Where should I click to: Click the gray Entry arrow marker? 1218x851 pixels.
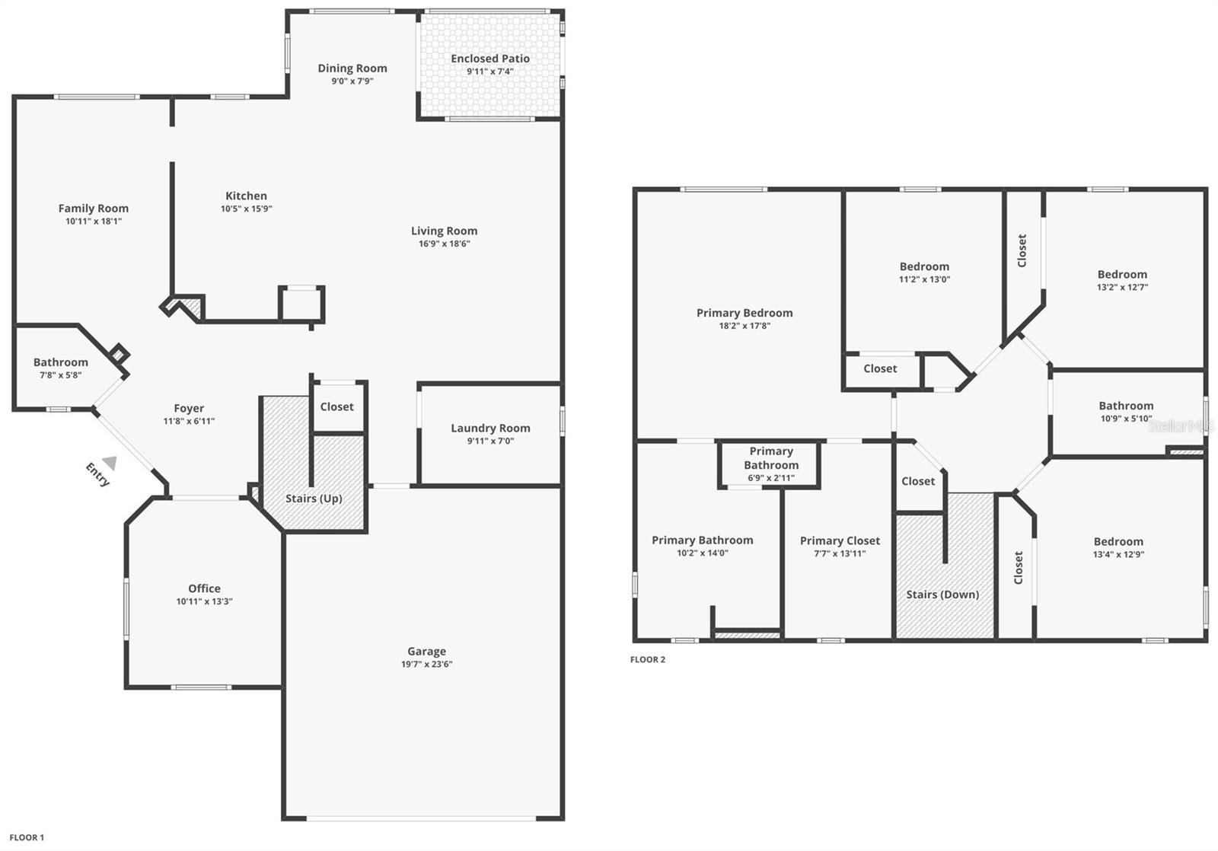[110, 463]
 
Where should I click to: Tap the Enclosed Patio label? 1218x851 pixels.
[490, 58]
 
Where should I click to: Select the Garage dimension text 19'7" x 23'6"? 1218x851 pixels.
[427, 664]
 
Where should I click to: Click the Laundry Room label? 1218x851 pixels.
[490, 428]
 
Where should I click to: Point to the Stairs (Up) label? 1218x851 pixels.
[314, 499]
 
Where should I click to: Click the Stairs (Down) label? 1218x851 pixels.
[942, 594]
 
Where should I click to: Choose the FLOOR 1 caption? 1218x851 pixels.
[27, 837]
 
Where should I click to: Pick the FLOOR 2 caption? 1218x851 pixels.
[648, 660]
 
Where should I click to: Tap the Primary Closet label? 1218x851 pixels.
[840, 540]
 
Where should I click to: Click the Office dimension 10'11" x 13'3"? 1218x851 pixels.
[205, 601]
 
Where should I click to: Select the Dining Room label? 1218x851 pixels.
[352, 68]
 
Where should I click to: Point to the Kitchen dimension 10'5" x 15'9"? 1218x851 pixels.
[247, 209]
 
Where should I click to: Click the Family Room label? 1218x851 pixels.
[94, 209]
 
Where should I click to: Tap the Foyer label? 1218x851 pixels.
[189, 408]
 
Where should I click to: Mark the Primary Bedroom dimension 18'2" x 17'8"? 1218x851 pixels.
[745, 326]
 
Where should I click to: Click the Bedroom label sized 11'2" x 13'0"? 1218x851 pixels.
[924, 266]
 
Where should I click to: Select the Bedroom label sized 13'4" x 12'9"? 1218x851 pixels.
[1118, 542]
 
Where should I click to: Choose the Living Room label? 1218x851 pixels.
[445, 231]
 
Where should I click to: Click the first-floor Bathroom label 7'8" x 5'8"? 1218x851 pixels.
[60, 362]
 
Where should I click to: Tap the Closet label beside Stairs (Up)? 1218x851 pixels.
[336, 406]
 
